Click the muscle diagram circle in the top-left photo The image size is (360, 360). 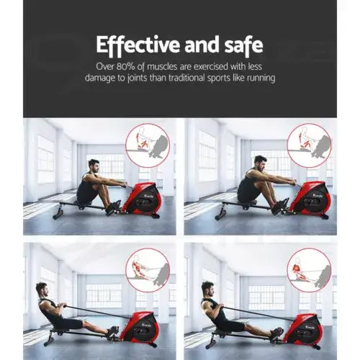tap(147, 145)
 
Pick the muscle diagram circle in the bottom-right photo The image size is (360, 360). tap(308, 271)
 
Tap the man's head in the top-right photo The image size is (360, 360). tap(260, 161)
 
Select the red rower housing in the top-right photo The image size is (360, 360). tap(311, 198)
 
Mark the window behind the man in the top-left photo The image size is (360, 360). tap(46, 158)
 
